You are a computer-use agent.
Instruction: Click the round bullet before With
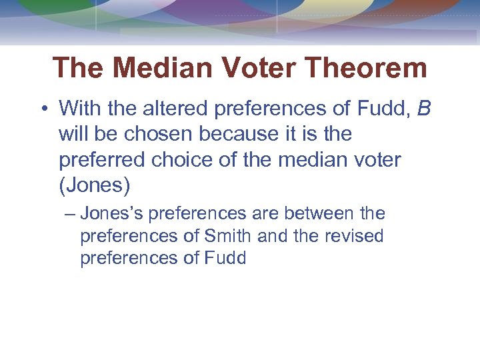[44, 108]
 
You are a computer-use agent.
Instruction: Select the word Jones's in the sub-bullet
[112, 214]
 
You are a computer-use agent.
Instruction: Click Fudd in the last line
[227, 259]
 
